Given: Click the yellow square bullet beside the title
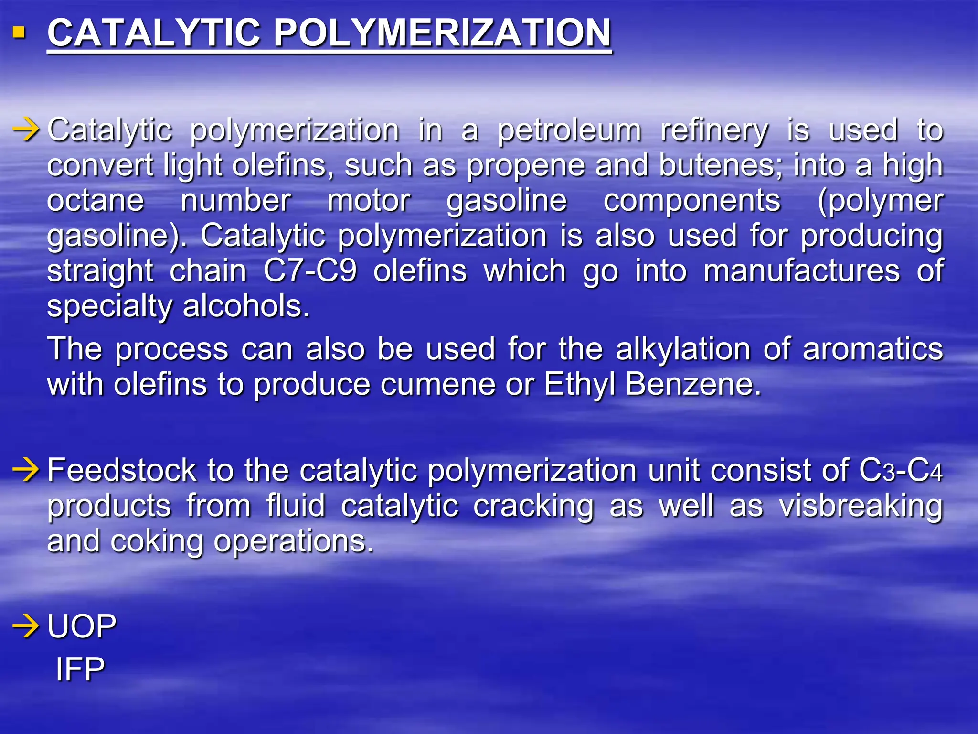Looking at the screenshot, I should [x=19, y=32].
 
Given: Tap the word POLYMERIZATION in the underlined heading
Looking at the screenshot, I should [x=442, y=33].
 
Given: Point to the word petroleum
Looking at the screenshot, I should [x=569, y=130].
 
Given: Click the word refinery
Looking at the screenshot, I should [x=714, y=130].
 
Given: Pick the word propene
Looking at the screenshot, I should [x=526, y=165].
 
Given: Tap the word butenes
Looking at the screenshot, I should [x=720, y=165].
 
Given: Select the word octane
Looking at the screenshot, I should [x=96, y=200].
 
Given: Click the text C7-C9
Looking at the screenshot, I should [x=310, y=271].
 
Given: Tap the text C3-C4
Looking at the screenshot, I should [x=901, y=471].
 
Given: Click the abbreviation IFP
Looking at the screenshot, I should [x=80, y=669].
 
